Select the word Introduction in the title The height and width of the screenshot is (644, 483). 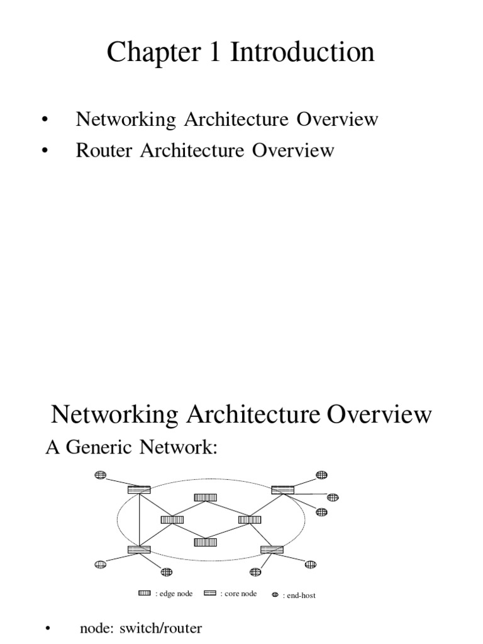click(302, 53)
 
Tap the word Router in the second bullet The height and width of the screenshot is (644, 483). click(99, 151)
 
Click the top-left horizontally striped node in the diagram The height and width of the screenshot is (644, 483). click(139, 489)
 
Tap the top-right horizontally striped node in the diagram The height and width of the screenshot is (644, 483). click(283, 489)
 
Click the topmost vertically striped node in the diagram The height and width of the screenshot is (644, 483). click(206, 497)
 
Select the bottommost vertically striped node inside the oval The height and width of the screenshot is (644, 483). click(206, 541)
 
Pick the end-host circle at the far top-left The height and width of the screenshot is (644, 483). click(100, 475)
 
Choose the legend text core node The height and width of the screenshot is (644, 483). click(240, 594)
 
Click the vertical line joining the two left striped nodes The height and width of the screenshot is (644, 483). click(139, 519)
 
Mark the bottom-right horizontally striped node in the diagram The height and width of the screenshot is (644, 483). click(272, 549)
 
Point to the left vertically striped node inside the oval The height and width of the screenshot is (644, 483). click(172, 519)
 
